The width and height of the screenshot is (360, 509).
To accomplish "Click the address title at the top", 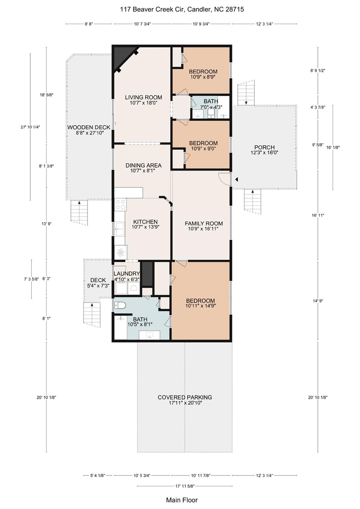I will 182,9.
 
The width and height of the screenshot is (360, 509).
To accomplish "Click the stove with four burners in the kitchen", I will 120,204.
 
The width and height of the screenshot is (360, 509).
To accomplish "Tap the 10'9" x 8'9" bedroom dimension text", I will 203,77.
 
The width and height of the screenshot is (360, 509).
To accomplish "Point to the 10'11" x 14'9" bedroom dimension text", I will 201,306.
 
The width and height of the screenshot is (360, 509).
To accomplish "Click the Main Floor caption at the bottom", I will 182,500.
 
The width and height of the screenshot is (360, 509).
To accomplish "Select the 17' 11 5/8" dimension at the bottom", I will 185,486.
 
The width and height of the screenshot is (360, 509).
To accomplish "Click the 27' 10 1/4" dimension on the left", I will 30,127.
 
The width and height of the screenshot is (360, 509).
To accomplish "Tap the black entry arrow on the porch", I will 236,179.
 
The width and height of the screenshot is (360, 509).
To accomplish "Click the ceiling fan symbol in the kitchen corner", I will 120,253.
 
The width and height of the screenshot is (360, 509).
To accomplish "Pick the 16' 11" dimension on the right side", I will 318,215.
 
